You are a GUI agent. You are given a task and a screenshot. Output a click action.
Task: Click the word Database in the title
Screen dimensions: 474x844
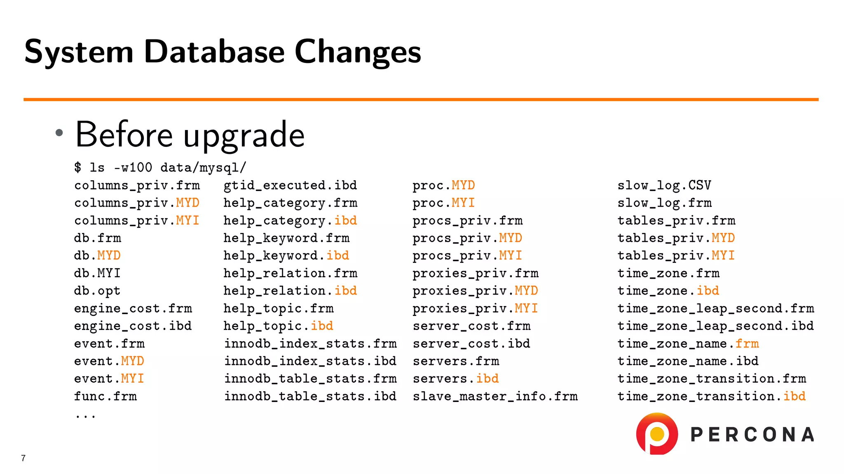[x=214, y=52]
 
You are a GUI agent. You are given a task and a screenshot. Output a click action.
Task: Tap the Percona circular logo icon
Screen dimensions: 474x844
[x=657, y=434]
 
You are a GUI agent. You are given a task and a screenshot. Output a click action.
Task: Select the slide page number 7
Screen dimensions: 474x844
[x=23, y=458]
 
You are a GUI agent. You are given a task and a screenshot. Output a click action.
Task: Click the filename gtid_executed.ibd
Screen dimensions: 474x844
[x=290, y=185]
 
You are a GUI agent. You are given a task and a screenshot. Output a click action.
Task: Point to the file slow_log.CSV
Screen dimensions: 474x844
[x=664, y=185]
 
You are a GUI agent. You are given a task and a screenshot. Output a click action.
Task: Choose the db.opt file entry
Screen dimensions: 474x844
[x=97, y=290]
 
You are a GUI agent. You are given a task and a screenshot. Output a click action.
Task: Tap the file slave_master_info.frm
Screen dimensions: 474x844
[x=495, y=396]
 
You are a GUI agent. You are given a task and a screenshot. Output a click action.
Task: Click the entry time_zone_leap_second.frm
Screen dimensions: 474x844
[x=715, y=308]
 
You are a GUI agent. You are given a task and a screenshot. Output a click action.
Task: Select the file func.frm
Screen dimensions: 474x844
[x=105, y=396]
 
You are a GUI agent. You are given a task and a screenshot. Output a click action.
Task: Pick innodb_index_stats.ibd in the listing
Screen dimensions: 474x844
[x=310, y=361]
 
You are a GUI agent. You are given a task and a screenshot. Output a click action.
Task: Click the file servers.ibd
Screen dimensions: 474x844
[x=455, y=379]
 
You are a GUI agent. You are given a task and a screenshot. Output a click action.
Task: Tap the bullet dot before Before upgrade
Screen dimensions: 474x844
[x=59, y=132]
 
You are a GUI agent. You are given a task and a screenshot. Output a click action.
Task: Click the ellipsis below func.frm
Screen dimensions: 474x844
[x=85, y=416]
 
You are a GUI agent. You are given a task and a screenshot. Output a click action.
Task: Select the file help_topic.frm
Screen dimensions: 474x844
[x=279, y=308]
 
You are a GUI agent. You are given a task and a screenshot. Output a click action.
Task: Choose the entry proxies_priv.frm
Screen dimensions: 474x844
[x=475, y=273]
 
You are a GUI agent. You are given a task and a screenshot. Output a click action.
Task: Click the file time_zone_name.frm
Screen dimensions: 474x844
[x=688, y=344]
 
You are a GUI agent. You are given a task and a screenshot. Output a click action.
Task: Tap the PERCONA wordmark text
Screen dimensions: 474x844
[x=752, y=434]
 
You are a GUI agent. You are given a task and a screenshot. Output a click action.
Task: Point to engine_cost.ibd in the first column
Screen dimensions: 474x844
[x=133, y=326]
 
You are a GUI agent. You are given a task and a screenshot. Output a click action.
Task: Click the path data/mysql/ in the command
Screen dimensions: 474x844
[x=203, y=167]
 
